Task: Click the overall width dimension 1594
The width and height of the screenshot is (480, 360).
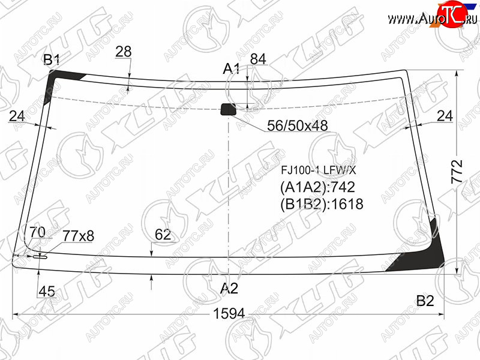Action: pyautogui.click(x=229, y=313)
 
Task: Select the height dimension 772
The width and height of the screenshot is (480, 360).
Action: pyautogui.click(x=457, y=172)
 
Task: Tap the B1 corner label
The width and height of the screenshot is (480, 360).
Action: pyautogui.click(x=52, y=59)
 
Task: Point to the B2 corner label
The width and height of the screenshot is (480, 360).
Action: pyautogui.click(x=425, y=301)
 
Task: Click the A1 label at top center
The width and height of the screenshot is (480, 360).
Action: pyautogui.click(x=231, y=68)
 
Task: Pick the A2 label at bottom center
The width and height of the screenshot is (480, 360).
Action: pyautogui.click(x=229, y=288)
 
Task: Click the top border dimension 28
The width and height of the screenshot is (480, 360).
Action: pyautogui.click(x=124, y=52)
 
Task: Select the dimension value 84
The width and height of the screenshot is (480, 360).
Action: pyautogui.click(x=258, y=59)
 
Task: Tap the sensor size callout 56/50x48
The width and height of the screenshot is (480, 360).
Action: pyautogui.click(x=298, y=125)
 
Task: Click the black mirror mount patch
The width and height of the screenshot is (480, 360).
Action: pyautogui.click(x=229, y=109)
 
